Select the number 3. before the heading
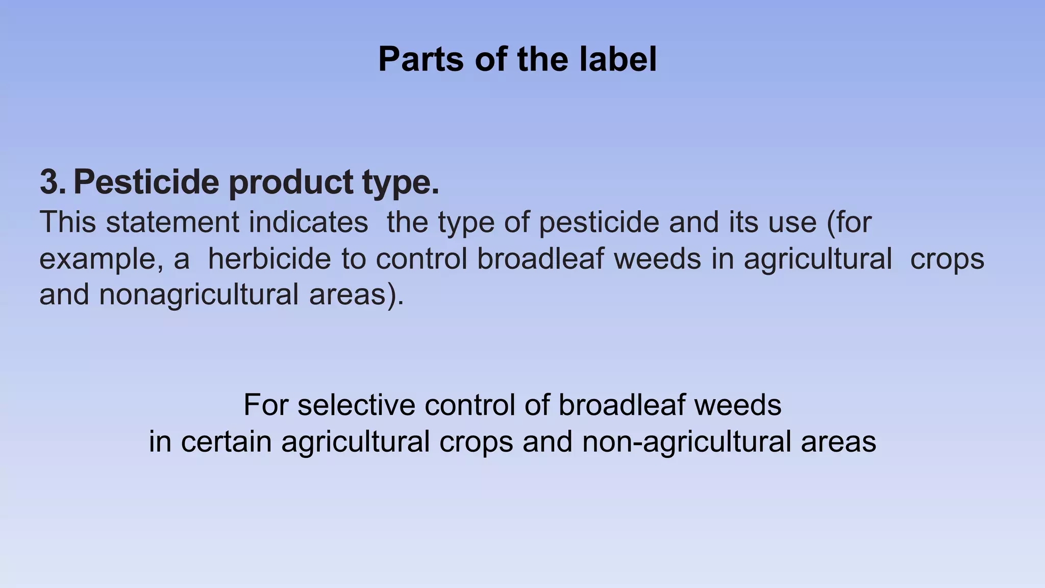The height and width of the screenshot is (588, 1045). [53, 182]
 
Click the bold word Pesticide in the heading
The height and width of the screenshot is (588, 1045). [146, 182]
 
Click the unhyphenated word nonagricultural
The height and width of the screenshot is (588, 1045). [198, 295]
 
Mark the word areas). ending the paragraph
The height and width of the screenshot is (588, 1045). [357, 295]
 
